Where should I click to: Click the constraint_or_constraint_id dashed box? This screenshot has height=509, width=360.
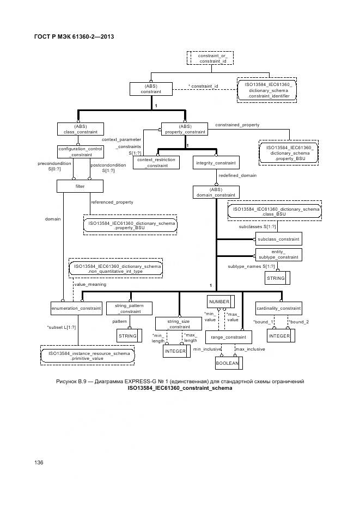[210, 58]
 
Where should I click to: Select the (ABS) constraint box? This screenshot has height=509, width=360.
[151, 89]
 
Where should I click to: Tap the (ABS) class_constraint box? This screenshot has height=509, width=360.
[80, 128]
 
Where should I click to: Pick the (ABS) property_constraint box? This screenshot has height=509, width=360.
[185, 128]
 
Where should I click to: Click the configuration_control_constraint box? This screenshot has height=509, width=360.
[80, 151]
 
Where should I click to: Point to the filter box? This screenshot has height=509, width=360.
[80, 186]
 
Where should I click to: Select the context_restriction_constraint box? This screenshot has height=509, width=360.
[156, 163]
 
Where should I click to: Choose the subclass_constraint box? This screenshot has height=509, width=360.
[278, 239]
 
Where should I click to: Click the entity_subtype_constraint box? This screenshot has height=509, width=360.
[278, 254]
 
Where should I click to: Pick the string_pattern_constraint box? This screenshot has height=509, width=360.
[129, 308]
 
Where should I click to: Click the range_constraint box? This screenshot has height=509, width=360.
[224, 338]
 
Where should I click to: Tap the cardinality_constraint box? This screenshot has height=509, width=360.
[278, 308]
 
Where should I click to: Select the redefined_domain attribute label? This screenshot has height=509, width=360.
[237, 176]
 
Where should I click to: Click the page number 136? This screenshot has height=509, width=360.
[39, 462]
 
